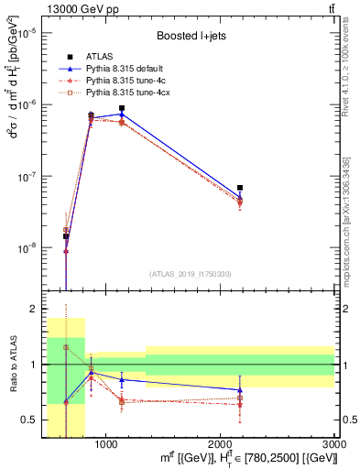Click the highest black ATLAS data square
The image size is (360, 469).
(x=122, y=108)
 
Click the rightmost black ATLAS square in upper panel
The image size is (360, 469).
(x=240, y=187)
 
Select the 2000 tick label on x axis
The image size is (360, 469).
(x=221, y=444)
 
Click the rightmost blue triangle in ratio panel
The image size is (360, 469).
(x=240, y=390)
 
